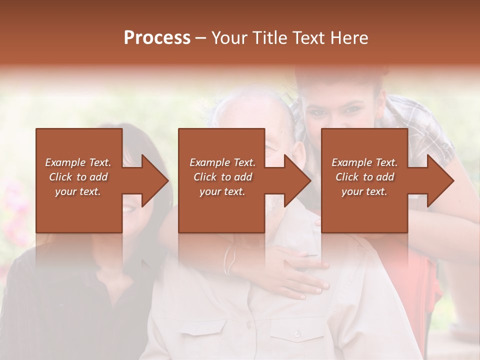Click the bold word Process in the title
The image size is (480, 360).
pos(157,38)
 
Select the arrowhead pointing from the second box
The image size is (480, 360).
pos(296,180)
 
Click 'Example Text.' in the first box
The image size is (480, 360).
pos(78,162)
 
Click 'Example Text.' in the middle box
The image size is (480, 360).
pos(222,162)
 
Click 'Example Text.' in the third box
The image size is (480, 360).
pos(364,162)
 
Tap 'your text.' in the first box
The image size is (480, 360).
pos(78,191)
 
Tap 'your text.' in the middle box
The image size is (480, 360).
pos(222,191)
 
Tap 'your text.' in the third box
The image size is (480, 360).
pos(364,191)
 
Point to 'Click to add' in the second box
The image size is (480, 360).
pos(222,177)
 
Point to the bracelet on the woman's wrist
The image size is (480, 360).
pos(229,260)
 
